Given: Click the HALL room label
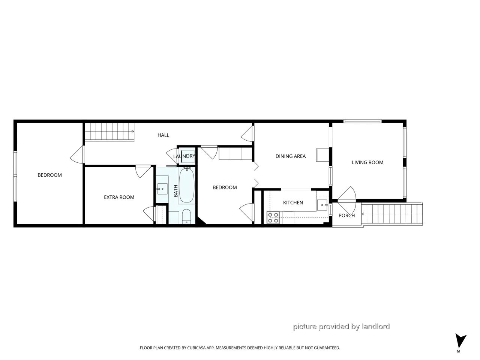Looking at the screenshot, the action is pyautogui.click(x=163, y=135).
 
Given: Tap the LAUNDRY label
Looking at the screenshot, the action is pyautogui.click(x=184, y=156).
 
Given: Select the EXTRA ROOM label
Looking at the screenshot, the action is pyautogui.click(x=119, y=197).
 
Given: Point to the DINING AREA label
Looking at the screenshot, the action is pyautogui.click(x=290, y=156).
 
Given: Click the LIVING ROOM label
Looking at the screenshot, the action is pyautogui.click(x=367, y=162).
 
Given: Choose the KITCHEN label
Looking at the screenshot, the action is pyautogui.click(x=293, y=202).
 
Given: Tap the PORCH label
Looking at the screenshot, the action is pyautogui.click(x=346, y=216).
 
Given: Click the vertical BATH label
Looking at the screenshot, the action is pyautogui.click(x=175, y=191).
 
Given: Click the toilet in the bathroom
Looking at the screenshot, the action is pyautogui.click(x=186, y=216).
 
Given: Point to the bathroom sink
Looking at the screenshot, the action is pyautogui.click(x=162, y=189).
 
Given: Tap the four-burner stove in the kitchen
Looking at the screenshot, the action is pyautogui.click(x=273, y=217).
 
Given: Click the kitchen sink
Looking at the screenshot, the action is pyautogui.click(x=322, y=205).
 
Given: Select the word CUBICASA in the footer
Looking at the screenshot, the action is pyautogui.click(x=196, y=348).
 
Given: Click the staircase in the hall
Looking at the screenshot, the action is pyautogui.click(x=109, y=131).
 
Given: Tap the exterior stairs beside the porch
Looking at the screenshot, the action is pyautogui.click(x=391, y=214).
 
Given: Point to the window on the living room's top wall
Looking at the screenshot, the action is pyautogui.click(x=362, y=121).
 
